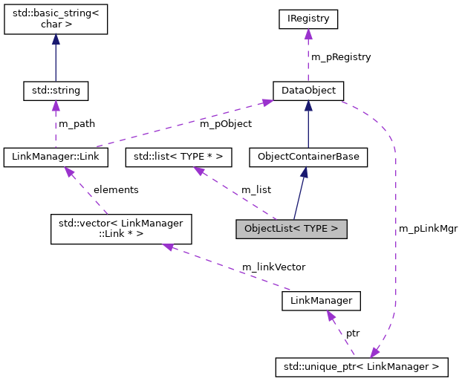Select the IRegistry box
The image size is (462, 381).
pos(308,18)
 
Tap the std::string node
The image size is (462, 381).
pos(56,91)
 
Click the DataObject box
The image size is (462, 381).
pos(308,91)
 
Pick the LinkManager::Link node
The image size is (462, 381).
pos(56,157)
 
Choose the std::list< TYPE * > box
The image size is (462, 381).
pos(178,157)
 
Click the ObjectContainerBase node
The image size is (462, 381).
pos(308,157)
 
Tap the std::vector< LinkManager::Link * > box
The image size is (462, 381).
pos(120,229)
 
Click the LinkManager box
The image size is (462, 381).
pos(321,301)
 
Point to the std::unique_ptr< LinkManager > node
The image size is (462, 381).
pos(362,365)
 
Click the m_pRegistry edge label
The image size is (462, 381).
pos(340,56)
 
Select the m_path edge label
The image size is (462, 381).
pos(77,123)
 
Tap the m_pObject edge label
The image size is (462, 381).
pos(225,123)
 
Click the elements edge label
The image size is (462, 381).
pos(115,189)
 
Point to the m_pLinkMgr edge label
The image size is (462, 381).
pos(428,229)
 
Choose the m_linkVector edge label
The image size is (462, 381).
pos(273,266)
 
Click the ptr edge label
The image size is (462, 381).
pos(353,333)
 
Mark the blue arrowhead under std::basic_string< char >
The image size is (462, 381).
pos(56,44)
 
